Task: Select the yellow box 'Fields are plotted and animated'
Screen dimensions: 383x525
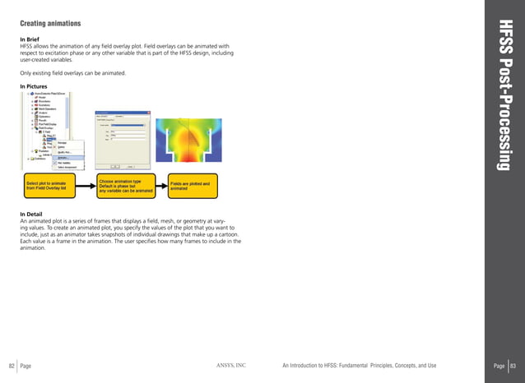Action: point(193,187)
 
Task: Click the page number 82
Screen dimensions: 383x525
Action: point(12,365)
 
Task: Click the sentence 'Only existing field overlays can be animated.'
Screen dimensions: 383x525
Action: point(72,73)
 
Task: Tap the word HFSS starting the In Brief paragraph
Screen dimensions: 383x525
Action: point(28,47)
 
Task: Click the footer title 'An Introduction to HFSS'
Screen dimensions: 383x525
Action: point(358,365)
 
